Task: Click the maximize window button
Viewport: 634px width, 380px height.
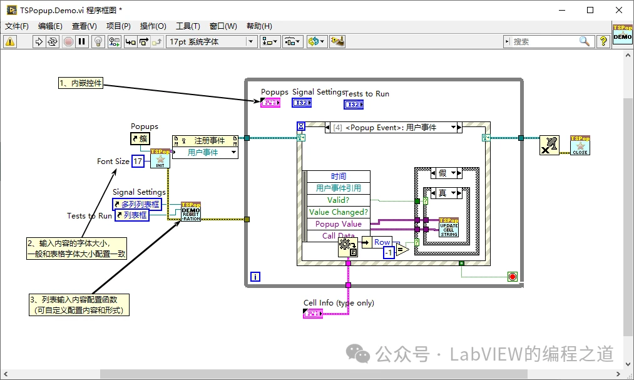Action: click(590, 10)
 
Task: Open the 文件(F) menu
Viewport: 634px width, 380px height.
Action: click(17, 26)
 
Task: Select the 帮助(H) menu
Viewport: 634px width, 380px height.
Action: click(259, 26)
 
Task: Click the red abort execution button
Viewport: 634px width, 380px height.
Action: click(68, 42)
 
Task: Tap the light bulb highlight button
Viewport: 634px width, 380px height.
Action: click(98, 42)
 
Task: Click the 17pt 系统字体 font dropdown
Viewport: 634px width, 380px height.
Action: click(212, 42)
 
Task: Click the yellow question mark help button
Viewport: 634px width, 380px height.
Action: click(603, 42)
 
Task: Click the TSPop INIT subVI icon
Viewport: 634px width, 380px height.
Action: click(160, 158)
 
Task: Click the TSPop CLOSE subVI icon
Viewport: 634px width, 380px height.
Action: click(580, 145)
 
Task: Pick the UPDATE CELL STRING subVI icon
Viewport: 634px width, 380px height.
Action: click(449, 227)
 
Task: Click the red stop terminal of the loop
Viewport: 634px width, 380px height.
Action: click(513, 276)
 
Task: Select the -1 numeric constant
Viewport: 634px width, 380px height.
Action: click(389, 253)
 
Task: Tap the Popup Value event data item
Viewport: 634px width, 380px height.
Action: click(338, 224)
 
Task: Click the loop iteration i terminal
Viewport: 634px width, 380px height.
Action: click(255, 276)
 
